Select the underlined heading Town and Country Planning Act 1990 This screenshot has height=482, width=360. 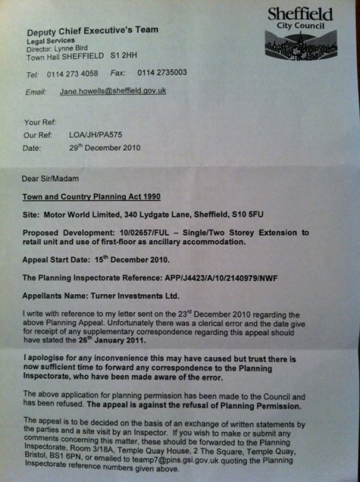[86, 196]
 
